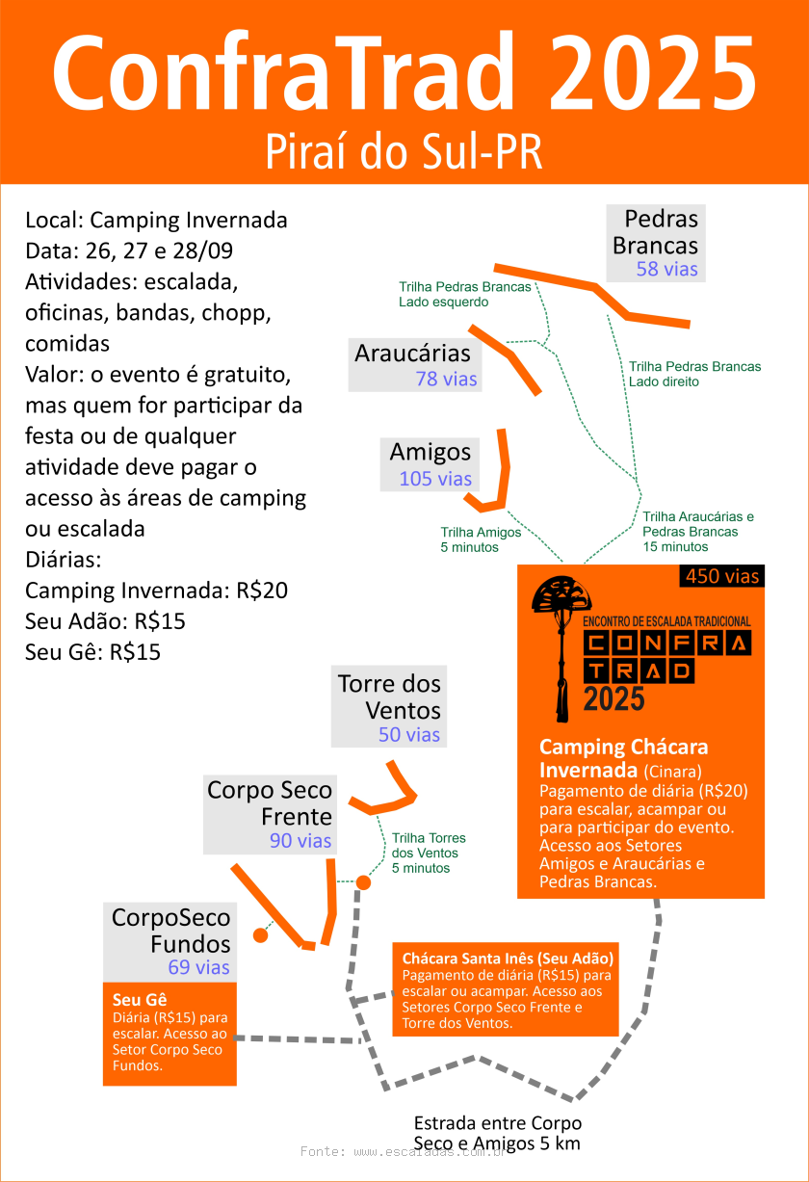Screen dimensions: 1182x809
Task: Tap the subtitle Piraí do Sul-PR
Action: click(404, 152)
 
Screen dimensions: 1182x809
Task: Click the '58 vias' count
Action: click(666, 269)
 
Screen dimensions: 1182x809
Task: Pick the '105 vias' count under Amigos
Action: click(435, 479)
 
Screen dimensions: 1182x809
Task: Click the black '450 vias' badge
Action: click(722, 576)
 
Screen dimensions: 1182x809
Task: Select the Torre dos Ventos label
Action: click(389, 697)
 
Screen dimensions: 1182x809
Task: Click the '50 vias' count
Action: click(409, 735)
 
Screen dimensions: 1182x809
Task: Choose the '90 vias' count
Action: click(300, 841)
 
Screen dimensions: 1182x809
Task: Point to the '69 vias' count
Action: click(198, 967)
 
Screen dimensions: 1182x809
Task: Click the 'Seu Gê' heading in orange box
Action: click(134, 1000)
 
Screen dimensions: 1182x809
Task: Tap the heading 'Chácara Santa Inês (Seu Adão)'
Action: click(508, 959)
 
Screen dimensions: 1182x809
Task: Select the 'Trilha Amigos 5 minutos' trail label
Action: click(481, 539)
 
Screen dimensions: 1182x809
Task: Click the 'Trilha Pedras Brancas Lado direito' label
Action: click(694, 374)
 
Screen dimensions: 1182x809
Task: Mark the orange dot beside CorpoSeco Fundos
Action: click(260, 935)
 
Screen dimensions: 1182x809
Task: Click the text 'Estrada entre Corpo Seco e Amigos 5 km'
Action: click(497, 1134)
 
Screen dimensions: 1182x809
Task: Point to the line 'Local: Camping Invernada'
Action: click(156, 220)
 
